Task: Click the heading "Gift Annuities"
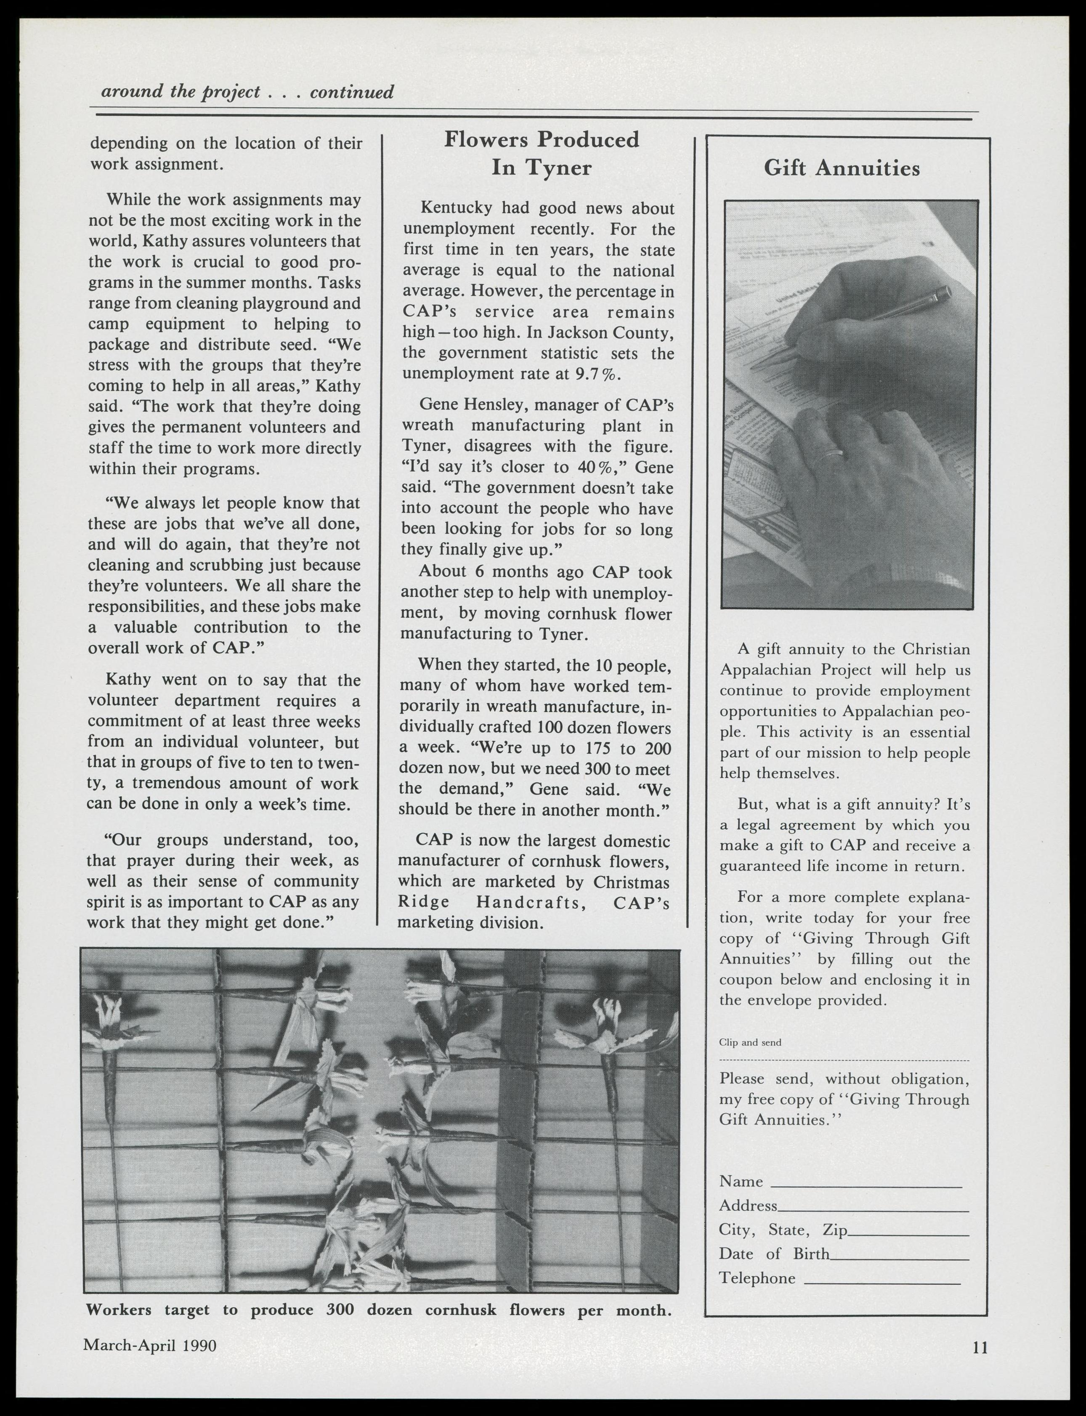coord(841,168)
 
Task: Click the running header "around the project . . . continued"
coord(247,92)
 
